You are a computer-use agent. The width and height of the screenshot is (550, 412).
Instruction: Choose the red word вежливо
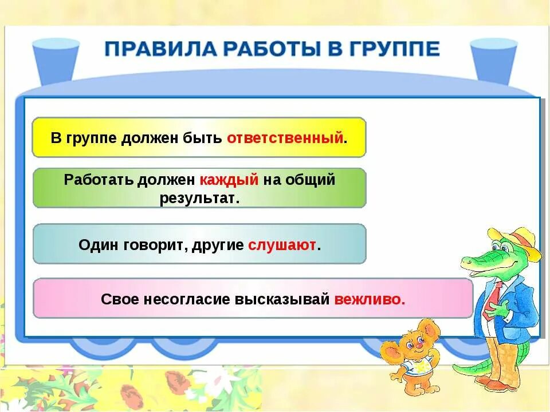click(370, 299)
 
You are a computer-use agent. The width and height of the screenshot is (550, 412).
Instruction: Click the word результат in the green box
click(199, 198)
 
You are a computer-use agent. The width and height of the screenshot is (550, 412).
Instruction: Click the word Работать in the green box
click(99, 180)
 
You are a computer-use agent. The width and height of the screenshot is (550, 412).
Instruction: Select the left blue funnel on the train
click(56, 60)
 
